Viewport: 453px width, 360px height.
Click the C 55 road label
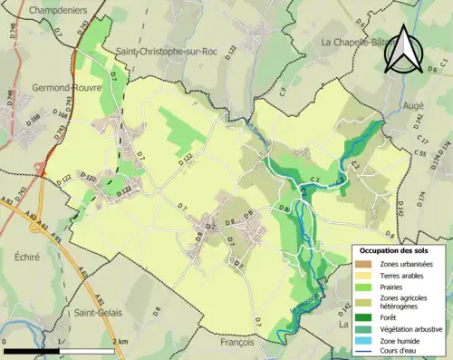tap(419, 154)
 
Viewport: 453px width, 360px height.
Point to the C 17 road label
tap(422, 141)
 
